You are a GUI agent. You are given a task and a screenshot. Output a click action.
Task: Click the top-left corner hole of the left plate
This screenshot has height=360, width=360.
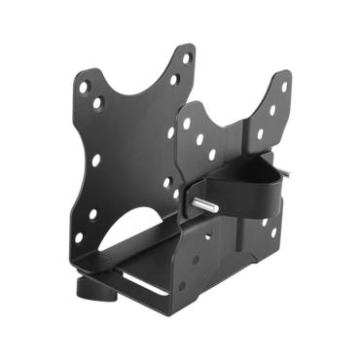(x=84, y=87)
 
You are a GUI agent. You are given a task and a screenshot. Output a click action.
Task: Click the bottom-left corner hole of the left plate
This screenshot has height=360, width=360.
(x=79, y=236)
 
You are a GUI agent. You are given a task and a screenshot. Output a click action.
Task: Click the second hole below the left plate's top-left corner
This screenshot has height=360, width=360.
(x=96, y=102)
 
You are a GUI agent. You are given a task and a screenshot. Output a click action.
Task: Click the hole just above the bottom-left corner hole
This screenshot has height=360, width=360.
(x=93, y=215)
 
